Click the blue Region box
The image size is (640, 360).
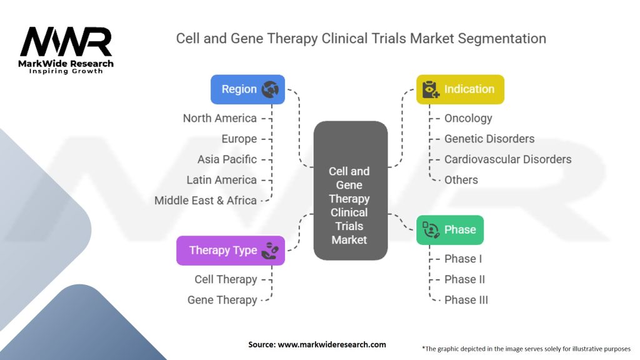pyautogui.click(x=247, y=89)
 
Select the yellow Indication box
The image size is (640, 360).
pyautogui.click(x=460, y=89)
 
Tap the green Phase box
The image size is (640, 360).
pyautogui.click(x=450, y=230)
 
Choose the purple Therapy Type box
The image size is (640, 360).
pyautogui.click(x=231, y=250)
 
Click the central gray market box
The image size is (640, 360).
pyautogui.click(x=350, y=190)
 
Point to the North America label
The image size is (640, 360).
pyautogui.click(x=219, y=118)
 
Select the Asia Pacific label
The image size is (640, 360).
pyautogui.click(x=227, y=159)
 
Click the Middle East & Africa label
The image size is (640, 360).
pyautogui.click(x=205, y=201)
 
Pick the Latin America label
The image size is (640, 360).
pyautogui.click(x=222, y=180)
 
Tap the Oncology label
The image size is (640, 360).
pyautogui.click(x=468, y=118)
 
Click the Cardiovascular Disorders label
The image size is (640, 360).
pyautogui.click(x=507, y=159)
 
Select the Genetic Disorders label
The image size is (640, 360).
pyautogui.click(x=489, y=139)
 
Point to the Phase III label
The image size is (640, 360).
pyautogui.click(x=466, y=300)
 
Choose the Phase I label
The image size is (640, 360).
pyautogui.click(x=463, y=259)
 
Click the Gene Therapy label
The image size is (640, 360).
pyautogui.click(x=222, y=300)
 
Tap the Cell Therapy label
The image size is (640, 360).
pyautogui.click(x=226, y=279)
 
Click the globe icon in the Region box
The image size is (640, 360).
pyautogui.click(x=270, y=89)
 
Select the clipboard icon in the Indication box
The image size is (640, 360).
pyautogui.click(x=431, y=89)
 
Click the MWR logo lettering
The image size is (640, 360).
pyautogui.click(x=66, y=42)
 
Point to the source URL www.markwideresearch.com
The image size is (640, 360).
pyautogui.click(x=332, y=344)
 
